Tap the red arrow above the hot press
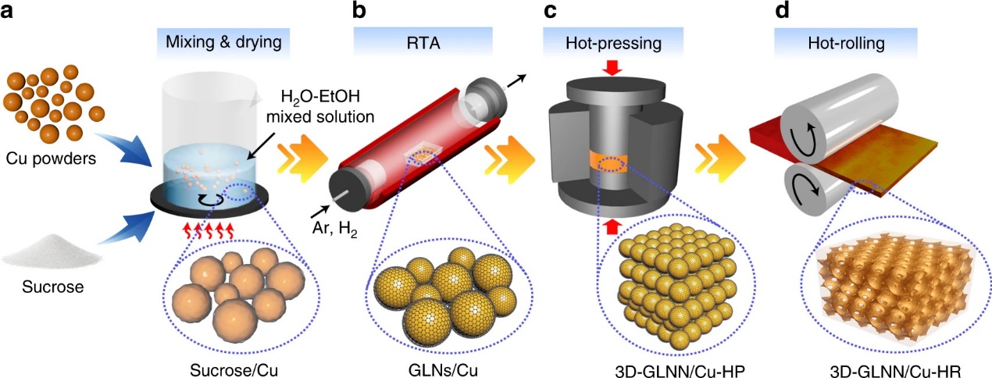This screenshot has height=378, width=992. tap(612, 68)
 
